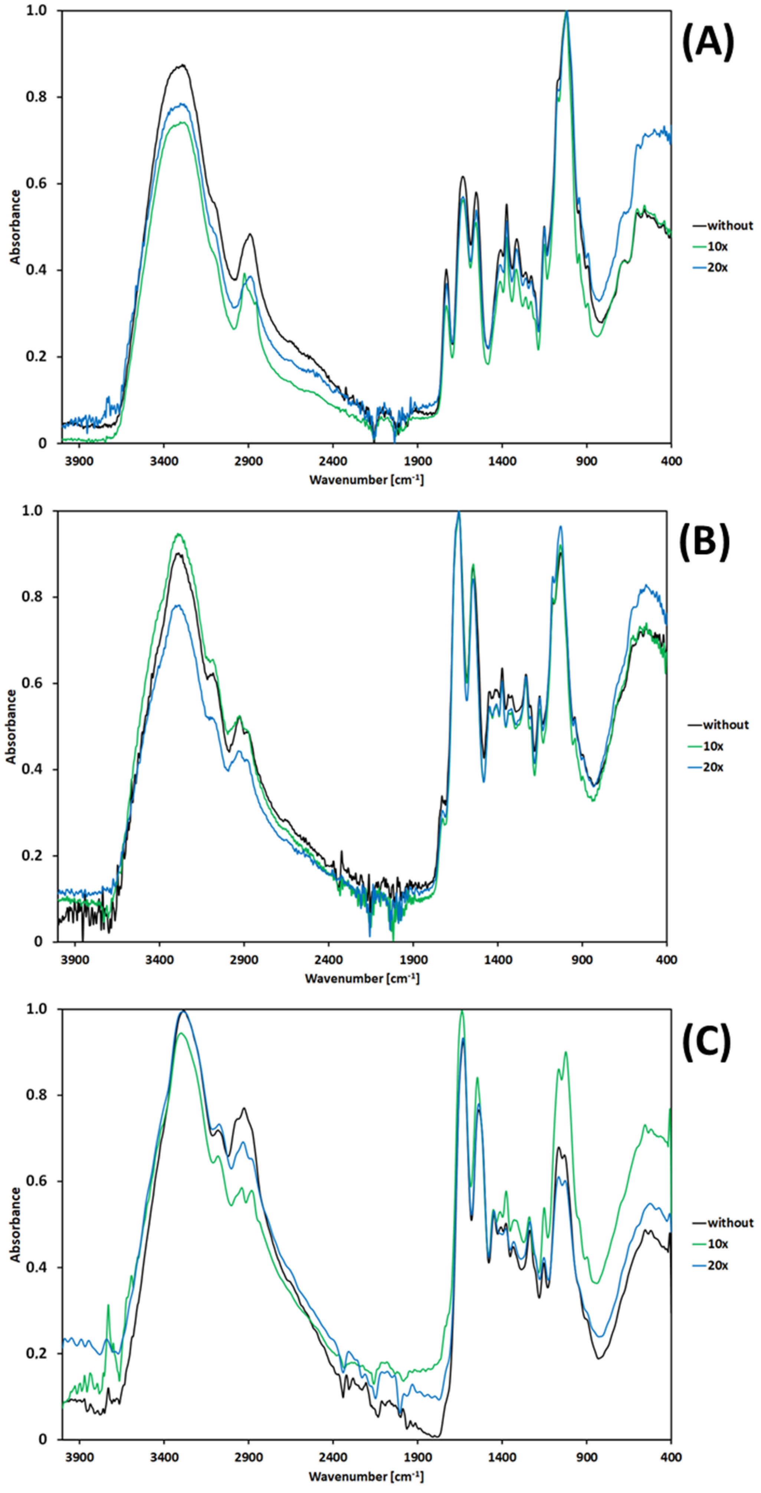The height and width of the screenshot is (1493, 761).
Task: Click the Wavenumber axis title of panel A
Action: tap(366, 479)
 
